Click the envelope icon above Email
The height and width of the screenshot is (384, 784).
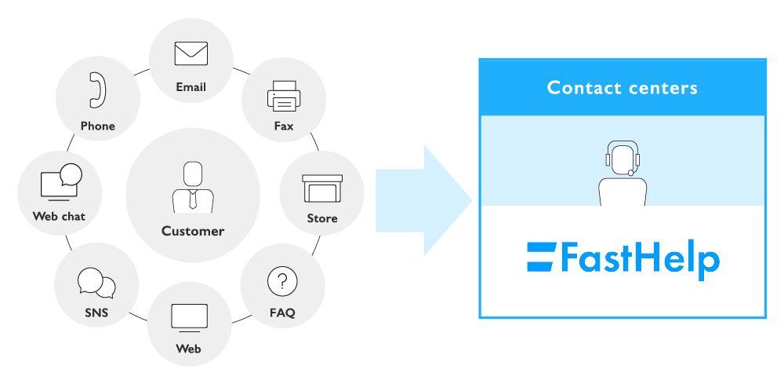tap(191, 53)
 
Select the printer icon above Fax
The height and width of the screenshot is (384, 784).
tap(283, 96)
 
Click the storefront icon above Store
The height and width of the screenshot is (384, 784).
tap(321, 188)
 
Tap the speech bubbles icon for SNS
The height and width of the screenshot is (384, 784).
tap(96, 283)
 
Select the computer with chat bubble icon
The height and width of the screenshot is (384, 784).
tap(60, 183)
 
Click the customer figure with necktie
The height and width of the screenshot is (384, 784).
tap(192, 186)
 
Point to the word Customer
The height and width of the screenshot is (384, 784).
tap(193, 231)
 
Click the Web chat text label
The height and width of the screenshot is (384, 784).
tap(59, 216)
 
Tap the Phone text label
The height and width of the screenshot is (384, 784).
tap(97, 126)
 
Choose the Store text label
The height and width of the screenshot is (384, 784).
tap(321, 218)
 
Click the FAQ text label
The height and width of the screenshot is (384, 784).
tap(282, 313)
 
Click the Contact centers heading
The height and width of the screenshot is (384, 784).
tap(622, 87)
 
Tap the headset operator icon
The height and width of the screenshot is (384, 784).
tap(622, 174)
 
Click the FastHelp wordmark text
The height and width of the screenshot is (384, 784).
tap(641, 259)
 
